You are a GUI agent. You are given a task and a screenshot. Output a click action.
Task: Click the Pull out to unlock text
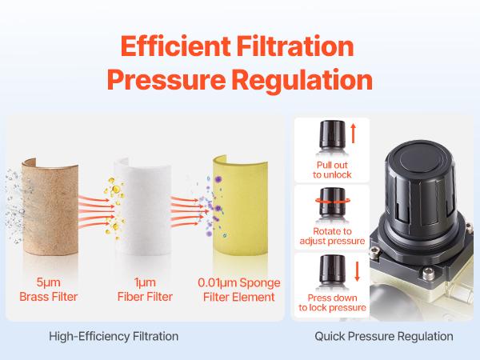pos(330,170)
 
